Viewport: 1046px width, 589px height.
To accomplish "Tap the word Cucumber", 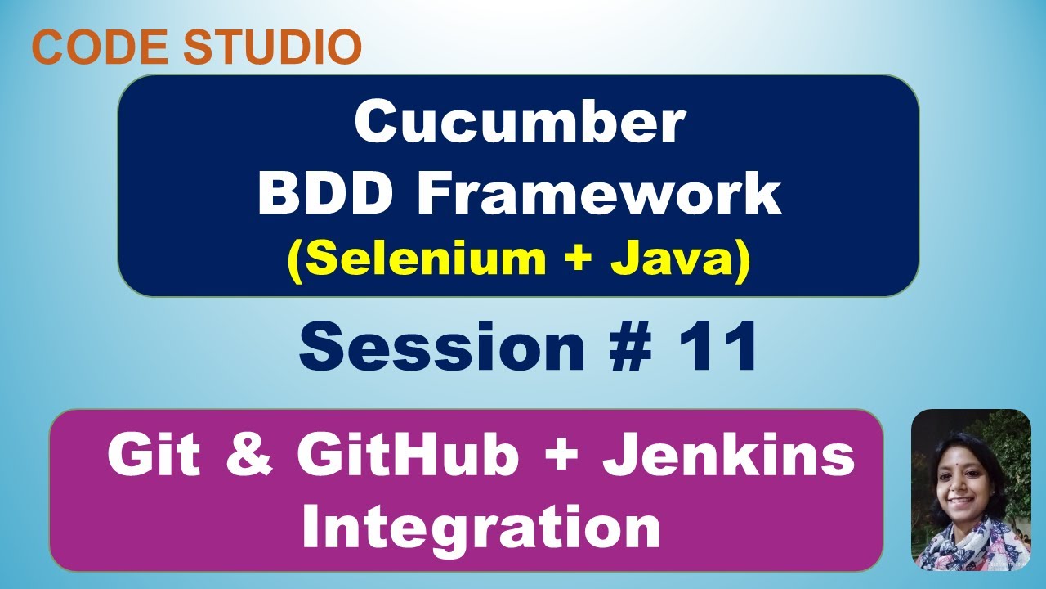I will click(519, 124).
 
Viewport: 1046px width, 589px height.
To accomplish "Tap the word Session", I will click(442, 348).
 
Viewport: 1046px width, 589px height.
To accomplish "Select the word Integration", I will click(481, 528).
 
